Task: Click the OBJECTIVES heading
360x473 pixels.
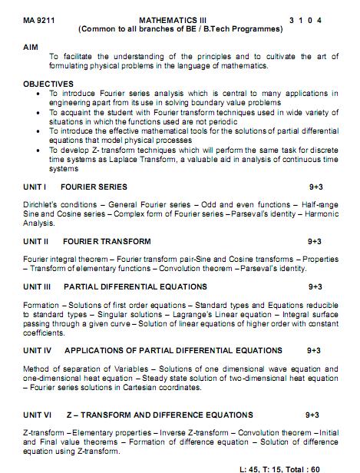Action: pos(48,84)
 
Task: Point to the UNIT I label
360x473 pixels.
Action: pos(36,187)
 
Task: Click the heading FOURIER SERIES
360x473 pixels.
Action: pos(94,187)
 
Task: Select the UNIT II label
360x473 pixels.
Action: pos(37,241)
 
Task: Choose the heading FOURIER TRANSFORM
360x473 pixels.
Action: pos(107,241)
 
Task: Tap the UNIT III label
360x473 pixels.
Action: pos(38,286)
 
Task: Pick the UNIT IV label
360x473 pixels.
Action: pos(38,350)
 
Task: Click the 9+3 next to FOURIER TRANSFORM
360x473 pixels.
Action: pos(315,241)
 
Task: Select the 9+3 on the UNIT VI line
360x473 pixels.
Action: pos(312,415)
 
